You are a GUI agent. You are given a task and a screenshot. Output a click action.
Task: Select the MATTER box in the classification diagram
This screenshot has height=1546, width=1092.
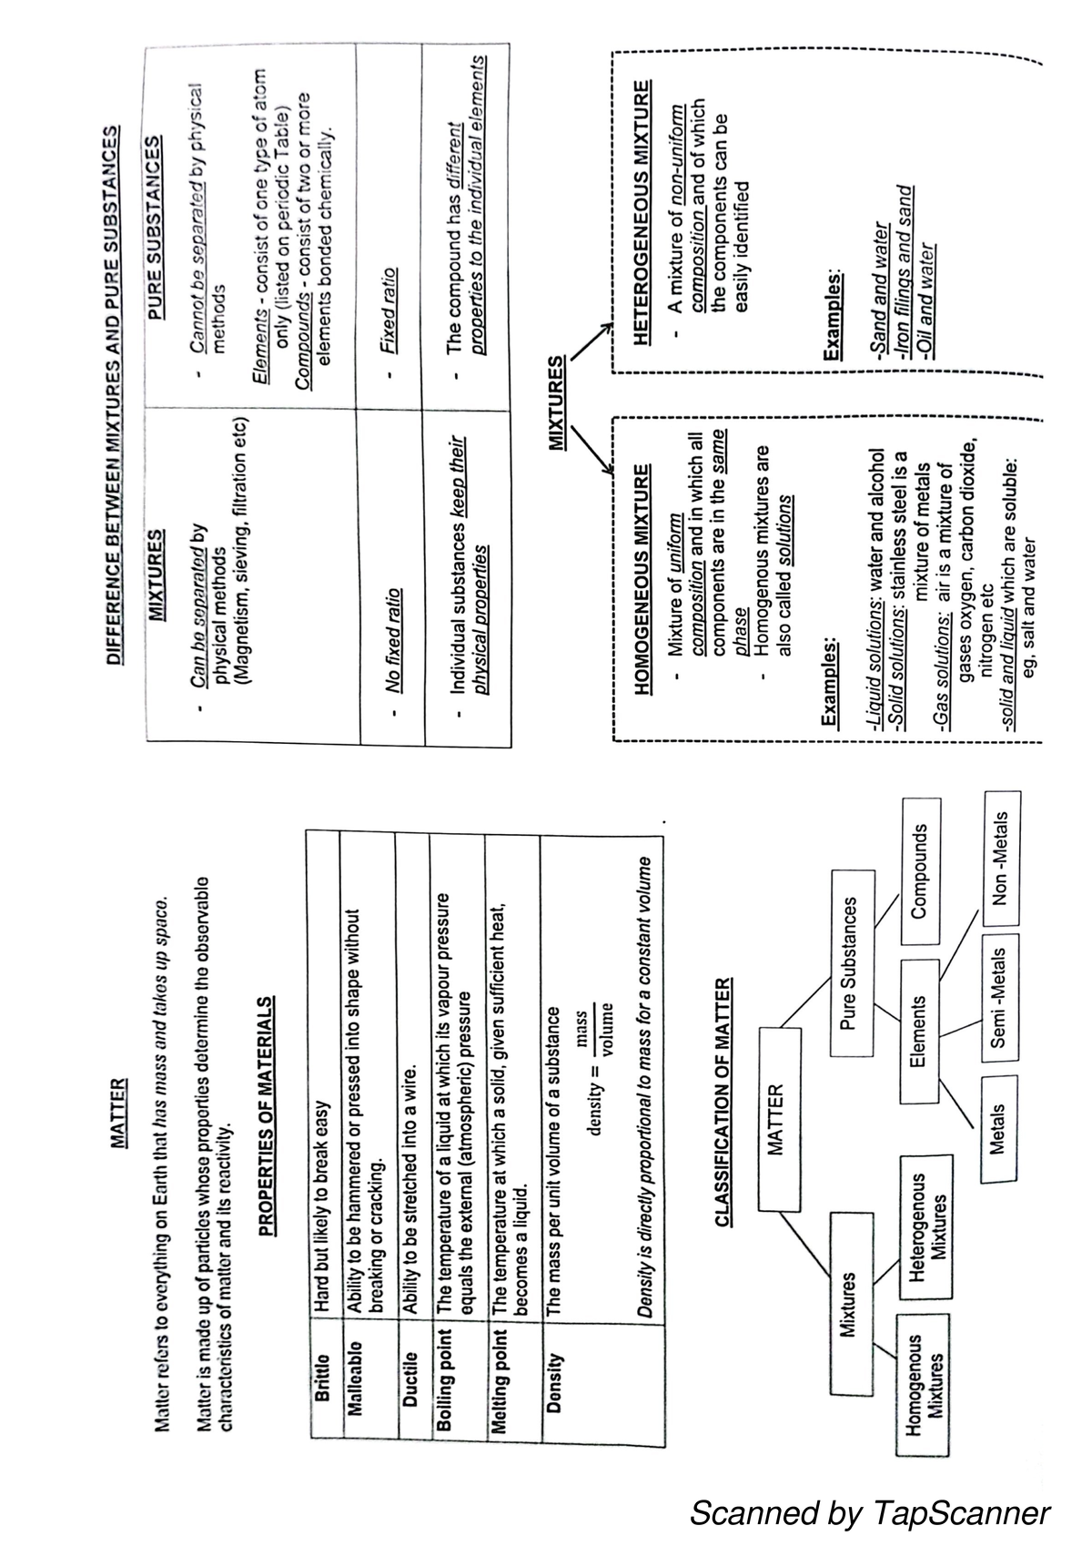776,1119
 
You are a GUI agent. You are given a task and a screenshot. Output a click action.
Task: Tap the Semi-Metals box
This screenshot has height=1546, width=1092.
998,998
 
